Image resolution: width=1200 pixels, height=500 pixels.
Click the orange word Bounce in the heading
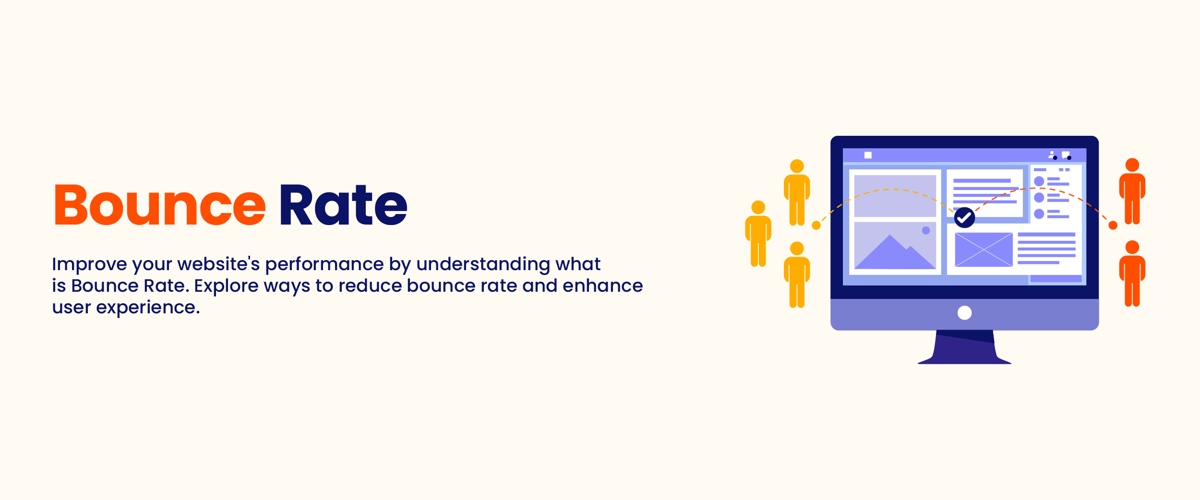(x=160, y=205)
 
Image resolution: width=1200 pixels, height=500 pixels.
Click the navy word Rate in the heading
(x=344, y=205)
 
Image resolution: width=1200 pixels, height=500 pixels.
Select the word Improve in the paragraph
(x=90, y=264)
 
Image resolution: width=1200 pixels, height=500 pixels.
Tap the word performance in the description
(x=324, y=264)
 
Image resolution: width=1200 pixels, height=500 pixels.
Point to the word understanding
(x=483, y=264)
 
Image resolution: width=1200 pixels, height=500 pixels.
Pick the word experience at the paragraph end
(x=148, y=308)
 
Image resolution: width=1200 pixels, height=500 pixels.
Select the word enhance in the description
(x=603, y=286)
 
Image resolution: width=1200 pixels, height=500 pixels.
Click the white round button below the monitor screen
(x=964, y=313)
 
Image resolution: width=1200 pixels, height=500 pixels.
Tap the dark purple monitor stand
(x=964, y=347)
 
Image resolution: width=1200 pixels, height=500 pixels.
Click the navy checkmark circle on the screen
(x=964, y=217)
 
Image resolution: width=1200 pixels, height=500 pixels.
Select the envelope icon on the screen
(x=984, y=250)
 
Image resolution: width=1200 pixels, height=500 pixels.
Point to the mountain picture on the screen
(x=895, y=245)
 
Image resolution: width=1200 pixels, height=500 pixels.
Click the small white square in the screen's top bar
(x=868, y=155)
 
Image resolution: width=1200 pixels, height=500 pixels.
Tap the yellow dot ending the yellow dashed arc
(x=816, y=225)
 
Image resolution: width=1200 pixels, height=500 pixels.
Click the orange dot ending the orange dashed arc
(x=1113, y=225)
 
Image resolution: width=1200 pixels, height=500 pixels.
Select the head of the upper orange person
(x=1132, y=165)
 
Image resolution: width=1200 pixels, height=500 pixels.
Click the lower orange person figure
(x=1132, y=274)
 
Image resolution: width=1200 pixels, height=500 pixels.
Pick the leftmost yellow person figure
(x=758, y=234)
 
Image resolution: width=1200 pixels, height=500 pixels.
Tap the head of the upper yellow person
(x=797, y=166)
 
